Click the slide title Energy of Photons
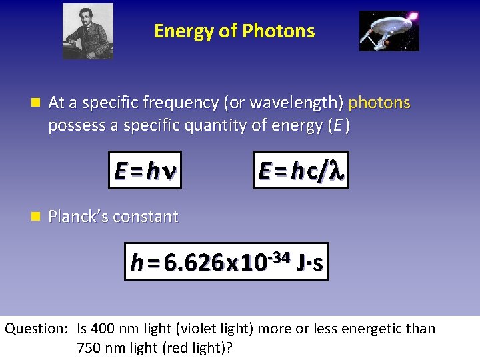[x=234, y=31]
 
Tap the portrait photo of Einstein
[x=88, y=31]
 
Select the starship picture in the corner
[x=389, y=31]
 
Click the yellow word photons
[x=379, y=103]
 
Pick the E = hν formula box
[x=145, y=171]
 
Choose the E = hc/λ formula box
[x=301, y=171]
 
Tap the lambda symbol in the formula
[x=337, y=171]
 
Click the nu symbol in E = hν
[x=169, y=172]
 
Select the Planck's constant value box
[x=227, y=261]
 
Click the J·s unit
[x=311, y=263]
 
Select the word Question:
[x=36, y=329]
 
